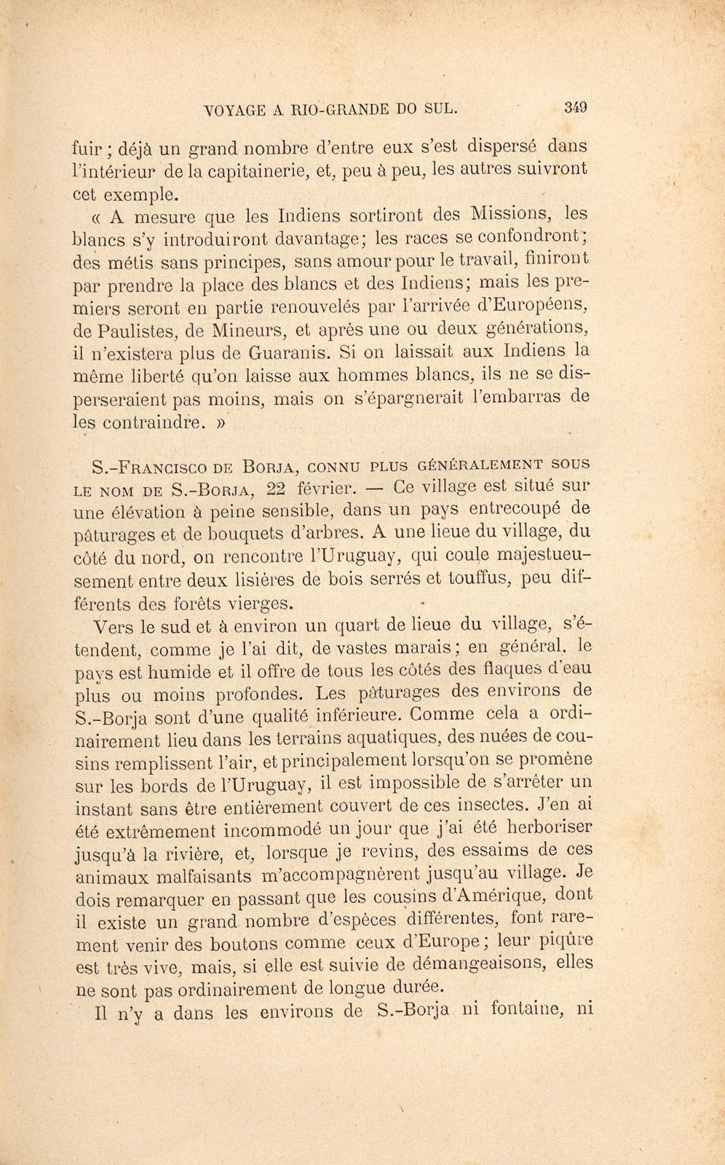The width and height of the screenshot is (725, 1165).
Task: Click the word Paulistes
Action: pyautogui.click(x=142, y=331)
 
